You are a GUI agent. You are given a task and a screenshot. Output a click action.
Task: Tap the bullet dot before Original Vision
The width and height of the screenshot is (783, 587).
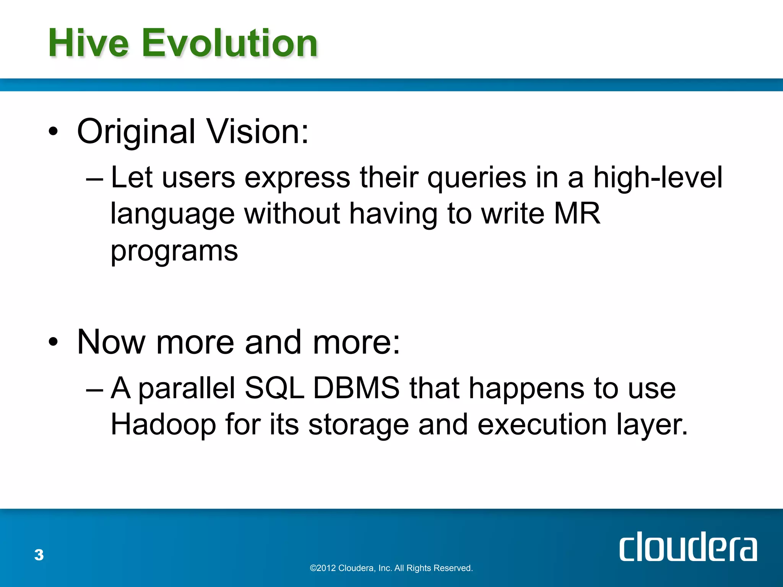tap(54, 132)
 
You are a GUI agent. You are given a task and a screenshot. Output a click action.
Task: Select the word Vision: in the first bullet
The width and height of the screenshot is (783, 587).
tap(258, 131)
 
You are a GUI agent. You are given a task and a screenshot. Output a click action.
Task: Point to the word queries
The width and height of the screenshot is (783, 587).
tap(476, 178)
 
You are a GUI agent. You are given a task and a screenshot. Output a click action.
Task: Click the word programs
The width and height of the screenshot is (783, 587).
tap(174, 251)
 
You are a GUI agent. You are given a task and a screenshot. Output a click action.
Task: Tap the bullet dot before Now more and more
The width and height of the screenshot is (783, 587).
tap(54, 342)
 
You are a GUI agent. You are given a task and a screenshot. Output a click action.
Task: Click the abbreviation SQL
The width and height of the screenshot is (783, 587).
tap(274, 388)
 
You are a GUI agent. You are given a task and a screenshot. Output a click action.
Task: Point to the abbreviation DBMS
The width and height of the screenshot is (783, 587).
tap(356, 388)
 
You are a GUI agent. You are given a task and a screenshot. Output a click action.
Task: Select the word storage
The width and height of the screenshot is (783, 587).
tap(358, 425)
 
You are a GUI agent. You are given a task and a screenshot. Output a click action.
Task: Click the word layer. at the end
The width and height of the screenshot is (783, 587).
tap(652, 425)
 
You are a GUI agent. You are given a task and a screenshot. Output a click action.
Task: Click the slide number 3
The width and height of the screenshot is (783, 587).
tap(39, 555)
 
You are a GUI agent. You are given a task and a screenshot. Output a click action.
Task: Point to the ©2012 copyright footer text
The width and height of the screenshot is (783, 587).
tap(391, 568)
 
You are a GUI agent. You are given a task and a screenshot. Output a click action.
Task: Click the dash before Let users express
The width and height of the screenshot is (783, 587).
tap(94, 178)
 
